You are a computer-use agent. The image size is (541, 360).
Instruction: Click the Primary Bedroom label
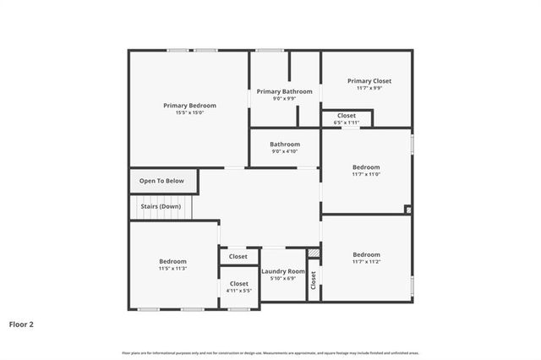[x=189, y=106]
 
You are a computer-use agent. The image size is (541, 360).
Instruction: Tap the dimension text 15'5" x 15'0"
[x=189, y=112]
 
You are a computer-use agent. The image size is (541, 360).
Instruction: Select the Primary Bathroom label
[x=285, y=91]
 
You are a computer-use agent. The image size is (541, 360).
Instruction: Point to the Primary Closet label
[x=369, y=81]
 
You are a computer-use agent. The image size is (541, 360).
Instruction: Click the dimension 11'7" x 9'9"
[x=369, y=88]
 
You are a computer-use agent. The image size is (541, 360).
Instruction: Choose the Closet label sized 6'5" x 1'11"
[x=347, y=115]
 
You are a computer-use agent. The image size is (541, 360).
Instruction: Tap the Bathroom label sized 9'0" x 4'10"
[x=285, y=145]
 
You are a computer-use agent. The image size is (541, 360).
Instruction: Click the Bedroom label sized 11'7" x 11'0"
[x=366, y=167]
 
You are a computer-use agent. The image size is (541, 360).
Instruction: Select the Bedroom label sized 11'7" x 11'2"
[x=366, y=254]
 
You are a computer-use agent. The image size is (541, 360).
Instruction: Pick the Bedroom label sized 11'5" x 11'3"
[x=172, y=261]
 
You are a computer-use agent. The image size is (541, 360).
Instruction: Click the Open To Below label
[x=161, y=181]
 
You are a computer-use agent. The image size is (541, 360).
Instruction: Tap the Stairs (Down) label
[x=160, y=206]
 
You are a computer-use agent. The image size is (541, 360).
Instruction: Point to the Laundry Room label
[x=282, y=271]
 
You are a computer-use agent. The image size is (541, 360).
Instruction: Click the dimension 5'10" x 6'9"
[x=282, y=278]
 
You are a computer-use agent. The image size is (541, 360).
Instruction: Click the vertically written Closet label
[x=313, y=279]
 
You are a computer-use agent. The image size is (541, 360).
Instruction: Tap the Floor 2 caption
[x=21, y=324]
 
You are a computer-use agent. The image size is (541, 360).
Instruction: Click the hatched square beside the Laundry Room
[x=314, y=253]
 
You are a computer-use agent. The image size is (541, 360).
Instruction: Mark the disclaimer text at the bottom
[x=270, y=352]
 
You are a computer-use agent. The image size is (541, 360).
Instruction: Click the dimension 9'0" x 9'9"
[x=285, y=98]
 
